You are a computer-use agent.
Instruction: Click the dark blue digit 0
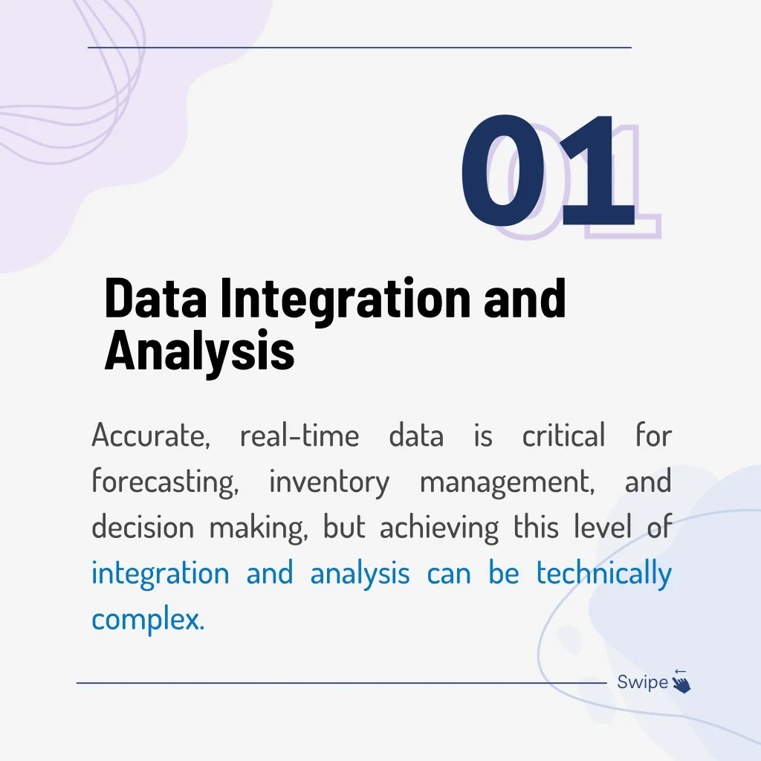503,171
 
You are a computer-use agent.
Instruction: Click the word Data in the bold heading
155,297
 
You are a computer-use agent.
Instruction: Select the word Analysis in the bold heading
199,352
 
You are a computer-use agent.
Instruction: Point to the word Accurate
151,435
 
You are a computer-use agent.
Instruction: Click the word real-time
299,435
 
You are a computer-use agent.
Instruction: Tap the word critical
563,434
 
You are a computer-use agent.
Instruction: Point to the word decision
143,527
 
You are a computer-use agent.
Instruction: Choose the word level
603,527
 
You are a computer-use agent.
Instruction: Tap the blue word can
449,574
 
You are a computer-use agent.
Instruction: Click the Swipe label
643,682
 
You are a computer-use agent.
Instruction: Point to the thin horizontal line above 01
360,48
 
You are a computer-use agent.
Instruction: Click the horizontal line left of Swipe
342,683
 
